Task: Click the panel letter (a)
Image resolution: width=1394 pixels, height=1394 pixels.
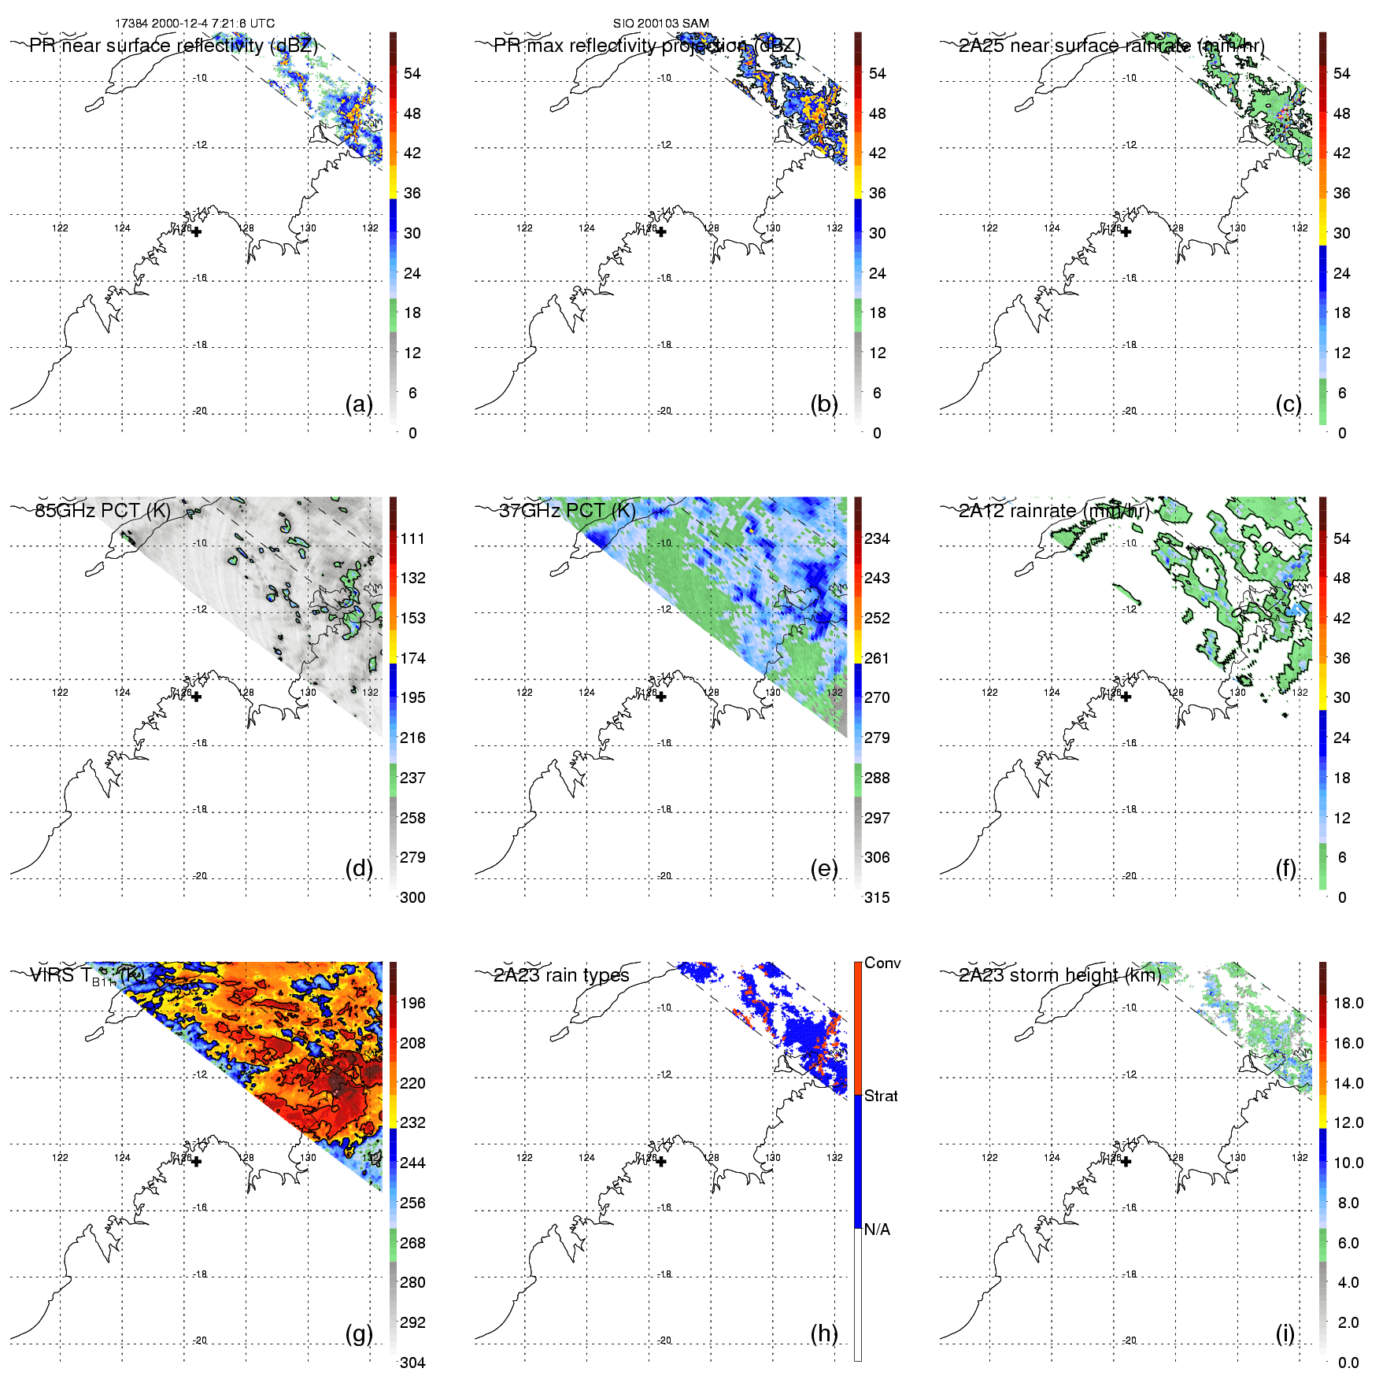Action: tap(359, 405)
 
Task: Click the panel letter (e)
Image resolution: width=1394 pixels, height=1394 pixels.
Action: tap(823, 869)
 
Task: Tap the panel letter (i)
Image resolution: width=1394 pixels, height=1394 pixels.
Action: tap(1285, 1333)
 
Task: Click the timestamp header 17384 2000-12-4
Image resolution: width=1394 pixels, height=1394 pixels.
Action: tap(194, 24)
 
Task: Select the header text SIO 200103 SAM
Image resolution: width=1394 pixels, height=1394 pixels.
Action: tap(661, 24)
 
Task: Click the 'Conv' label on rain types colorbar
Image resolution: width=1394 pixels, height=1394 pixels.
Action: tap(882, 963)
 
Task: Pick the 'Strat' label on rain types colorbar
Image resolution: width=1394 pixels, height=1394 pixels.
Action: tap(881, 1096)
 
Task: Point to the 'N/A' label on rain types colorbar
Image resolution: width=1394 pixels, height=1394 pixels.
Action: tap(877, 1229)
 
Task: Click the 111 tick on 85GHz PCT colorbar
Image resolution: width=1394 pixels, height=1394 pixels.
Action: tap(412, 538)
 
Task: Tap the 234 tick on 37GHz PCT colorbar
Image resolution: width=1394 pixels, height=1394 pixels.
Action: tap(877, 538)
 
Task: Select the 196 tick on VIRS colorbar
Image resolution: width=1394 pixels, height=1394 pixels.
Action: tap(412, 1003)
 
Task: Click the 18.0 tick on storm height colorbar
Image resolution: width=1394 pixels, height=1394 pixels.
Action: tap(1348, 1003)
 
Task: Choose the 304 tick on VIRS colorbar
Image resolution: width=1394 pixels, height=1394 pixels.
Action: tap(412, 1363)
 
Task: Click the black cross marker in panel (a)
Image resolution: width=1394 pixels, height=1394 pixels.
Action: tap(196, 231)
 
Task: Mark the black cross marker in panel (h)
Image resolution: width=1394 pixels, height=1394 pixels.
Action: tap(661, 1161)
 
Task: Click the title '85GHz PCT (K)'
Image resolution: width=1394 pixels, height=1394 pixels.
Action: tap(102, 510)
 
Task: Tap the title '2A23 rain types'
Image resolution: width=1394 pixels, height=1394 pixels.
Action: tap(561, 975)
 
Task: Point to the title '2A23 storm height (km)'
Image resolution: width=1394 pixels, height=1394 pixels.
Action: tap(1059, 975)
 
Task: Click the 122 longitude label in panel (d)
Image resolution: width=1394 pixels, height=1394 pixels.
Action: tap(60, 693)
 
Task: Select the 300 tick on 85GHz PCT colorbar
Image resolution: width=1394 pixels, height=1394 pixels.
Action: tap(412, 897)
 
